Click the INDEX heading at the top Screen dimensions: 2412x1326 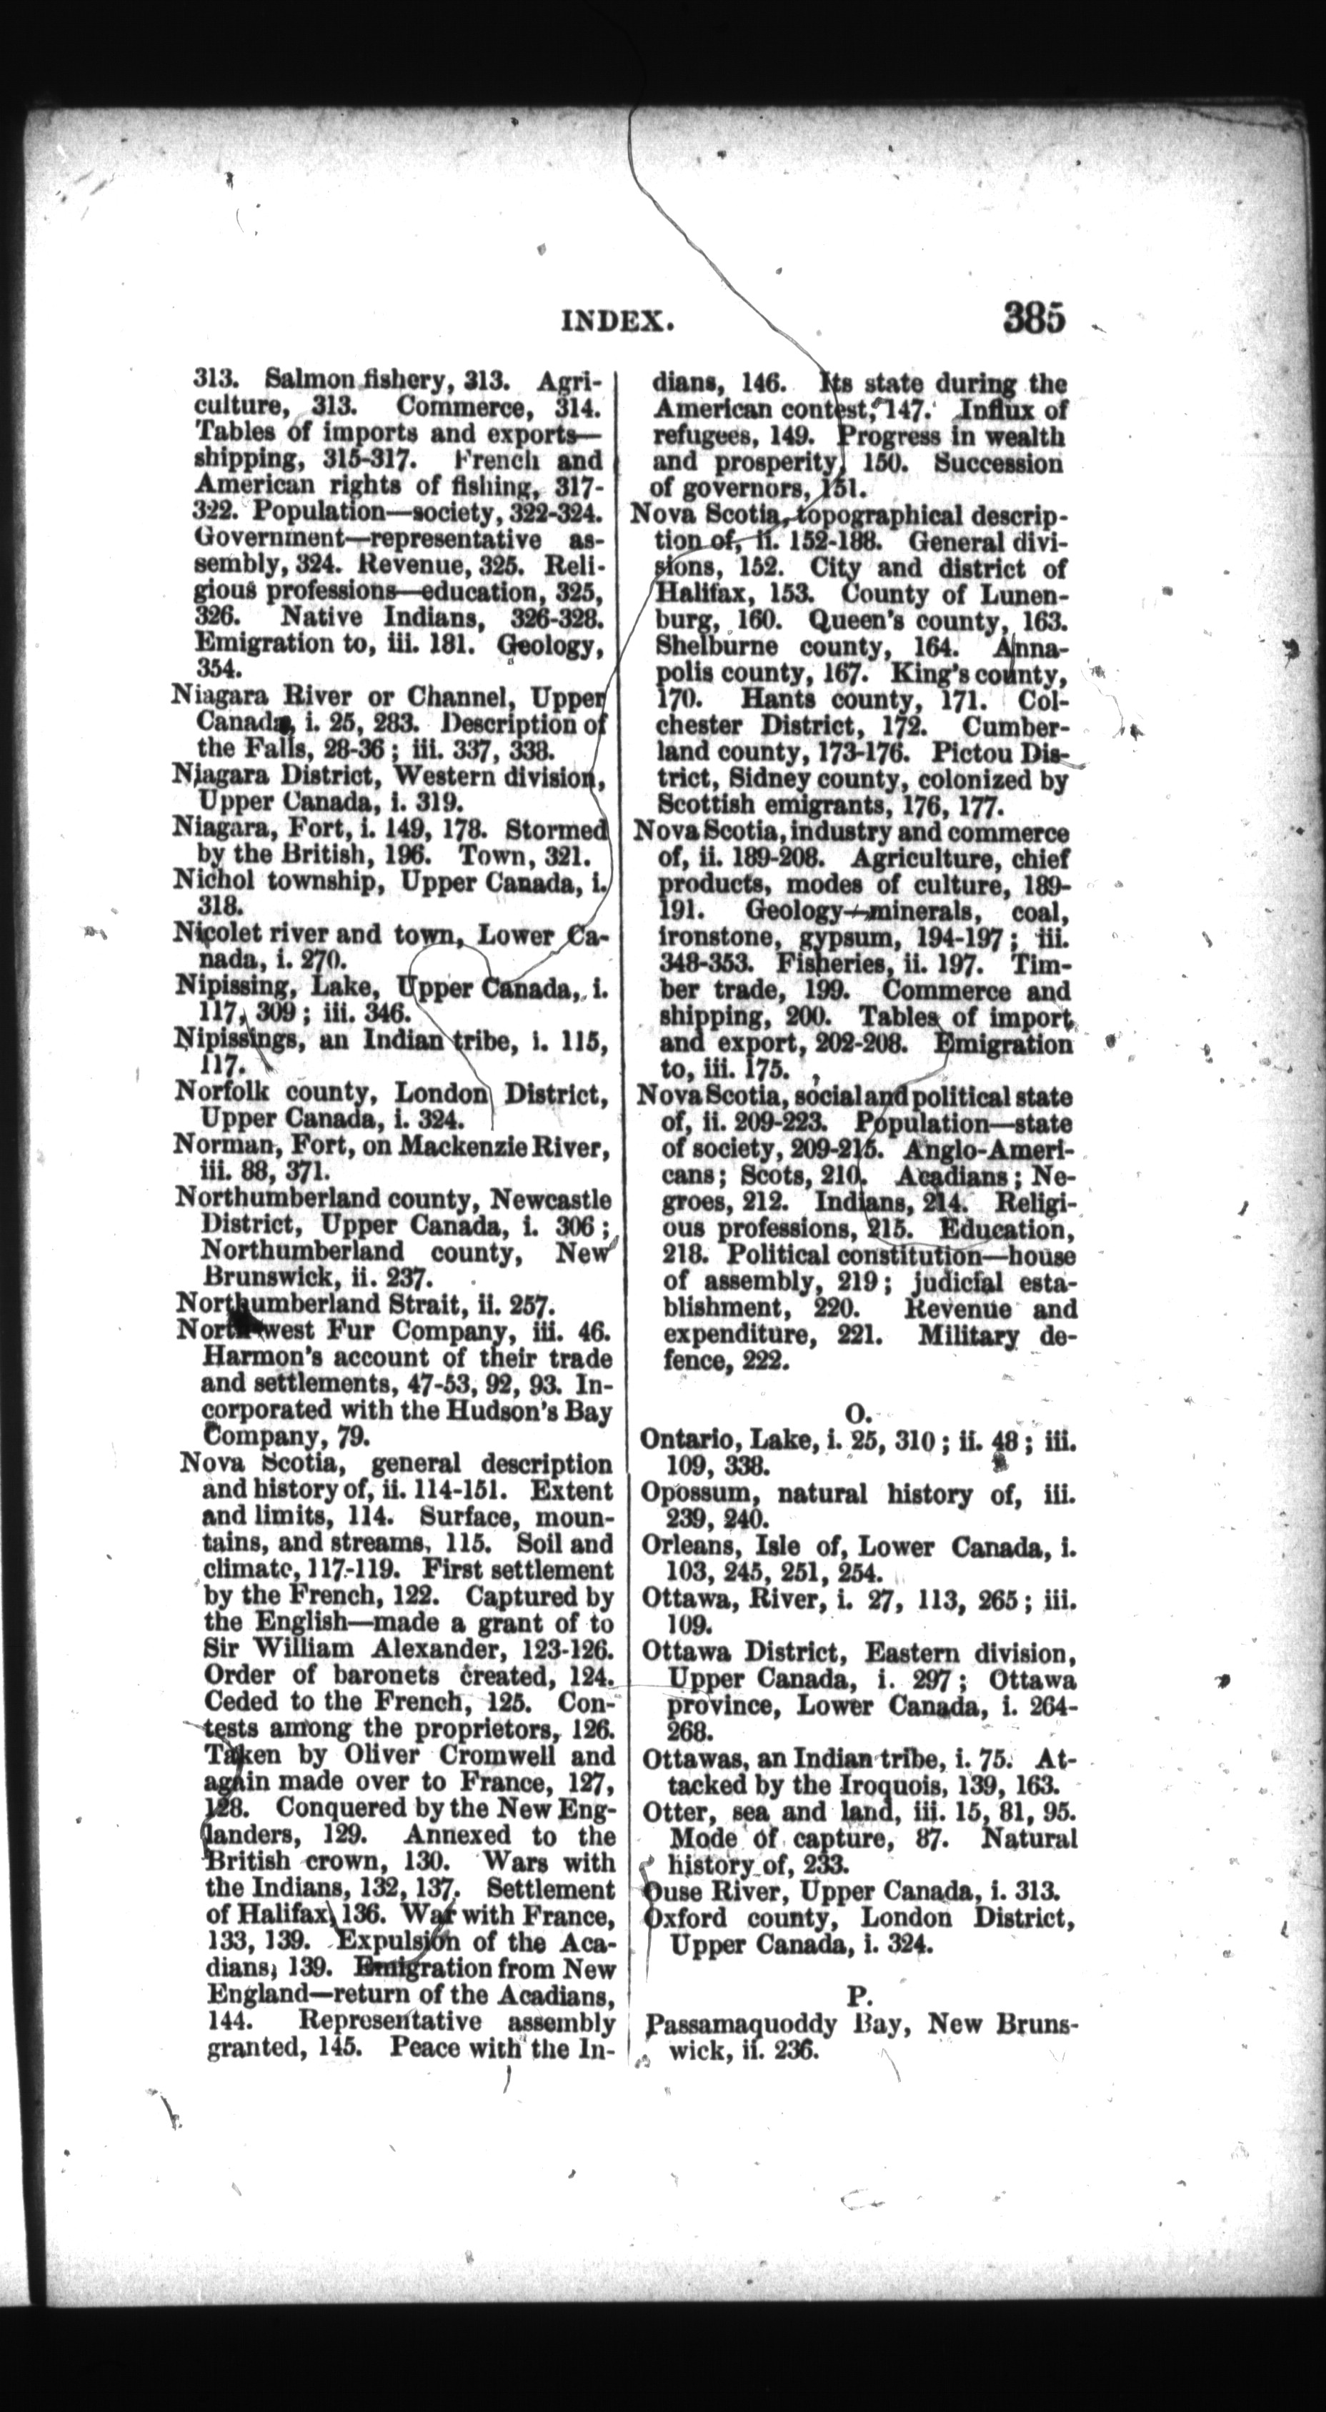point(617,322)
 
